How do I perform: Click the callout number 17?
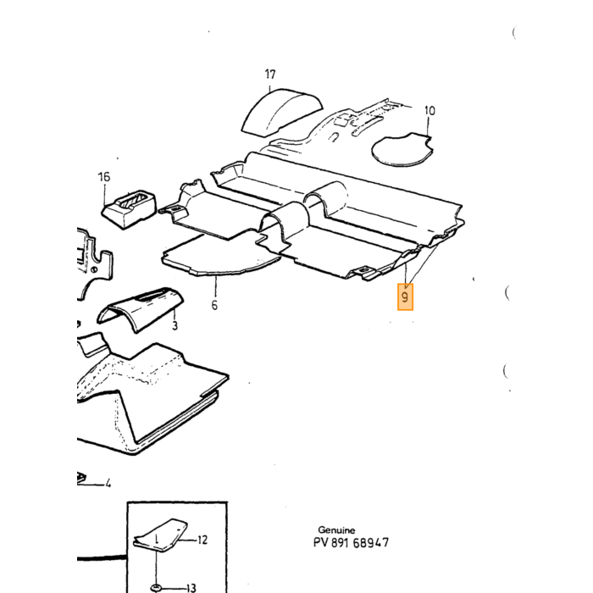[x=269, y=75]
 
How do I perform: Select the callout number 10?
[x=430, y=110]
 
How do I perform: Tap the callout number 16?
[x=104, y=176]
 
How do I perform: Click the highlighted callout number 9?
[x=405, y=296]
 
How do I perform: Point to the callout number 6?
[x=214, y=305]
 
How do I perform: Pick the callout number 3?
[x=175, y=325]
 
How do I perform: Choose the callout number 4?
[x=108, y=483]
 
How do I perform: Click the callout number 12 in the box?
[x=202, y=540]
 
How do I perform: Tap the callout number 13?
[x=191, y=588]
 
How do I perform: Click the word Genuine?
[x=336, y=529]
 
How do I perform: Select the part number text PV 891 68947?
[x=351, y=543]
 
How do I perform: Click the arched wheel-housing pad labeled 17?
[x=282, y=112]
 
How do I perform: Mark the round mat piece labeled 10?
[x=402, y=150]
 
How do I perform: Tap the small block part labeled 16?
[x=130, y=209]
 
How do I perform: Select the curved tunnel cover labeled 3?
[x=140, y=308]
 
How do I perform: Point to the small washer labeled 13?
[x=156, y=588]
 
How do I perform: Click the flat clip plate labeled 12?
[x=161, y=535]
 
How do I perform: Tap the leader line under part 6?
[x=215, y=286]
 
